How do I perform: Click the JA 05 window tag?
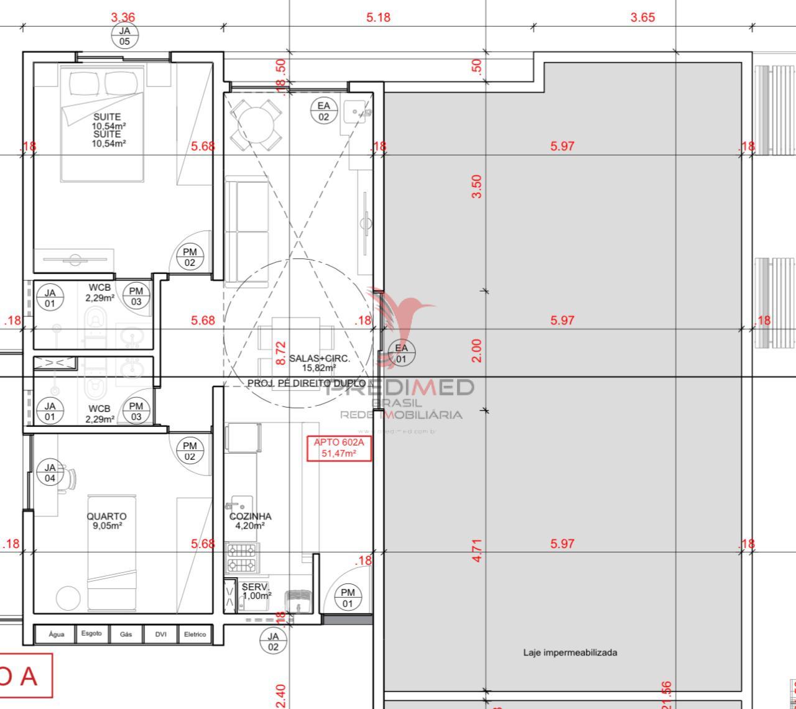[x=125, y=36]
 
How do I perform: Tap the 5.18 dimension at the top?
[x=378, y=17]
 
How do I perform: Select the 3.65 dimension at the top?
[x=642, y=17]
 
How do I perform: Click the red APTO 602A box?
[x=339, y=448]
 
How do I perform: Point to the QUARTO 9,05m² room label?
[x=106, y=521]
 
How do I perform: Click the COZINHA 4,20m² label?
[x=250, y=521]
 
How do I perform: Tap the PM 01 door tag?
[x=348, y=598]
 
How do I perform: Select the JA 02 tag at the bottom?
[x=273, y=641]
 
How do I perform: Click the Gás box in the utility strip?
[x=126, y=634]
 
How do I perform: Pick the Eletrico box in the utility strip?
[x=195, y=634]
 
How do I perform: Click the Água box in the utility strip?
[x=57, y=634]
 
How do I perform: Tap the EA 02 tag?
[x=324, y=111]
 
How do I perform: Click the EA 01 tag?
[x=401, y=353]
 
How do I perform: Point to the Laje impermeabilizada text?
[x=570, y=652]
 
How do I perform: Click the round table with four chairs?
[x=255, y=124]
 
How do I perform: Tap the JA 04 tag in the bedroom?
[x=50, y=472]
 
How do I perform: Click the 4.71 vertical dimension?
[x=476, y=551]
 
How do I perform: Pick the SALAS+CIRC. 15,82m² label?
[x=320, y=363]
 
